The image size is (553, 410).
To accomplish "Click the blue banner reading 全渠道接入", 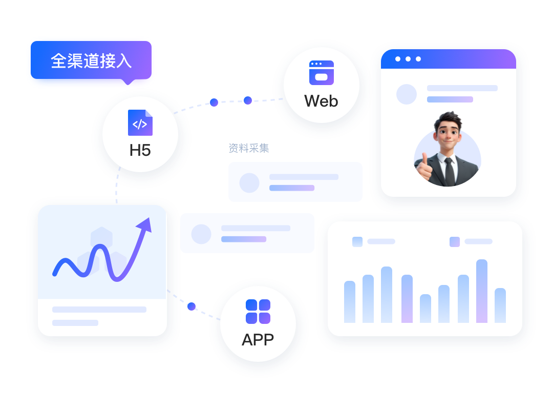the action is tap(91, 60).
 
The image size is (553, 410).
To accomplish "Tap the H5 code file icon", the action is tap(140, 122).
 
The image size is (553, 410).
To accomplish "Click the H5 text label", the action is tap(140, 150).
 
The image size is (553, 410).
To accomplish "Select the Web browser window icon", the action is tap(321, 73).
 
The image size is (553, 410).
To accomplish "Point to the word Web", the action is tap(321, 101).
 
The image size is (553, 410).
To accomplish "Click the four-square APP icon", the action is tap(258, 312).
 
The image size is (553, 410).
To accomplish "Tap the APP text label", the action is tap(258, 340).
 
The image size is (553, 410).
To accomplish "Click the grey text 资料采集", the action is tap(249, 148).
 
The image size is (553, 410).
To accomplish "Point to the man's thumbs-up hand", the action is tap(424, 167).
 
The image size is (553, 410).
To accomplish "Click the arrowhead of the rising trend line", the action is tap(145, 225).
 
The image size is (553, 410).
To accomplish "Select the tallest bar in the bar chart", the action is tap(482, 291).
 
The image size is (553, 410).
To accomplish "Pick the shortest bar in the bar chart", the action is tap(426, 309).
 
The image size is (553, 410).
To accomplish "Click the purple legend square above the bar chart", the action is tap(455, 241).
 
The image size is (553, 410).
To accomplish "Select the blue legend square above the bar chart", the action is tap(357, 241).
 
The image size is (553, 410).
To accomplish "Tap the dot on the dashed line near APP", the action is tap(192, 306).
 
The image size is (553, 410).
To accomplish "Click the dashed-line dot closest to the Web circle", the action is tap(248, 100).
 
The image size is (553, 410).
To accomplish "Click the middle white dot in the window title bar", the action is tap(408, 59).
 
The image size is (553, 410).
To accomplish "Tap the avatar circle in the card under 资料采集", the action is tap(249, 182).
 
